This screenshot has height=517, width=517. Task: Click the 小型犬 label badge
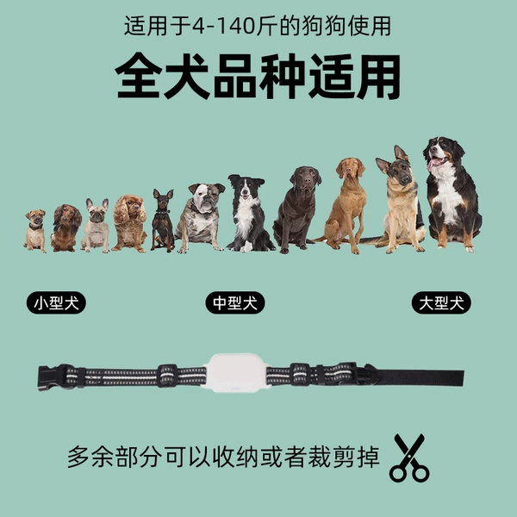point(56,302)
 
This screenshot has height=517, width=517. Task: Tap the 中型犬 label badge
point(235,302)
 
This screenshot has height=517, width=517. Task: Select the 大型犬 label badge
point(441,302)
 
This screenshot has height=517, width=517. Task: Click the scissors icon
point(409,458)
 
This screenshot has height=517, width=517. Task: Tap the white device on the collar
point(235,372)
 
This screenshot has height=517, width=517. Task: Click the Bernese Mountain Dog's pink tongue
point(433,164)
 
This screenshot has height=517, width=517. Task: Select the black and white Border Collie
point(250,214)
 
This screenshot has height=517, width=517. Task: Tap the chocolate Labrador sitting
point(297,210)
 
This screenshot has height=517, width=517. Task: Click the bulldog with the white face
point(201,218)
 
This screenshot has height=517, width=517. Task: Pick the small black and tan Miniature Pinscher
point(163,221)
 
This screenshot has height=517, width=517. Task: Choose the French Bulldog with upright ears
point(96,226)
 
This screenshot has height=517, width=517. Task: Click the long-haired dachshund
point(66,227)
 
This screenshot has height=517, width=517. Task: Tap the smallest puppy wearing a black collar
point(35,231)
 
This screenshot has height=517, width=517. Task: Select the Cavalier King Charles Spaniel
point(129,223)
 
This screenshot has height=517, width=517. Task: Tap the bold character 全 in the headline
point(139,77)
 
